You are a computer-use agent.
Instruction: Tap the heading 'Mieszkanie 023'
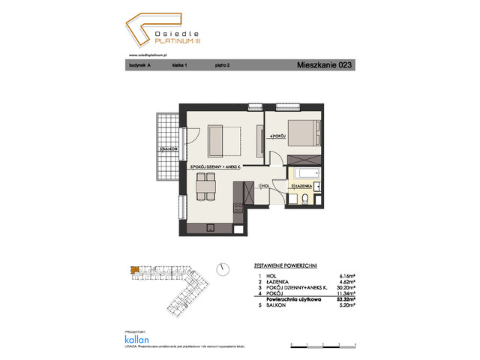(x=324, y=65)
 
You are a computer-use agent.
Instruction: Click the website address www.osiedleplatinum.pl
(x=148, y=54)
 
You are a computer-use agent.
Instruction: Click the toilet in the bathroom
(x=307, y=199)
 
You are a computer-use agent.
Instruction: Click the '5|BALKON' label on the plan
(x=168, y=150)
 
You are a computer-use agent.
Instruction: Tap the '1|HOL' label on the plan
(x=263, y=185)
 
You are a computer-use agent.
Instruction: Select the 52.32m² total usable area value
(x=343, y=299)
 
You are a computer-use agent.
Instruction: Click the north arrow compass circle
(x=221, y=268)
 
